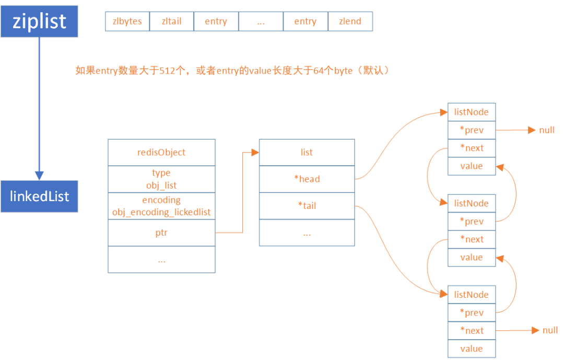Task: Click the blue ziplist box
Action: click(39, 21)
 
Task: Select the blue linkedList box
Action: click(39, 196)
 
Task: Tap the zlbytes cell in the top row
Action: click(127, 21)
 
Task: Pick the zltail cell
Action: click(171, 21)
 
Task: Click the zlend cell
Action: click(350, 21)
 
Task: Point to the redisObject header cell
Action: click(161, 153)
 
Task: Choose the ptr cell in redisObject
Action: click(161, 233)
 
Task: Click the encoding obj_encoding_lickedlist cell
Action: click(161, 206)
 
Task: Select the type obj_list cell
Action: click(161, 179)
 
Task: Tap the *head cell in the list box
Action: click(307, 179)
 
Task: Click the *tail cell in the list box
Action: click(307, 206)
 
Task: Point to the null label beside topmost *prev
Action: click(547, 130)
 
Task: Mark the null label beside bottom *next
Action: click(550, 330)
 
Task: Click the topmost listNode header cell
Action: click(471, 112)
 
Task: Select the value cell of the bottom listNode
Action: click(471, 349)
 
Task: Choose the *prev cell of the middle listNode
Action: click(471, 222)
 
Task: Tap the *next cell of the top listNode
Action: click(471, 148)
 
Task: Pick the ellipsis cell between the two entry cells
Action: click(261, 21)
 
